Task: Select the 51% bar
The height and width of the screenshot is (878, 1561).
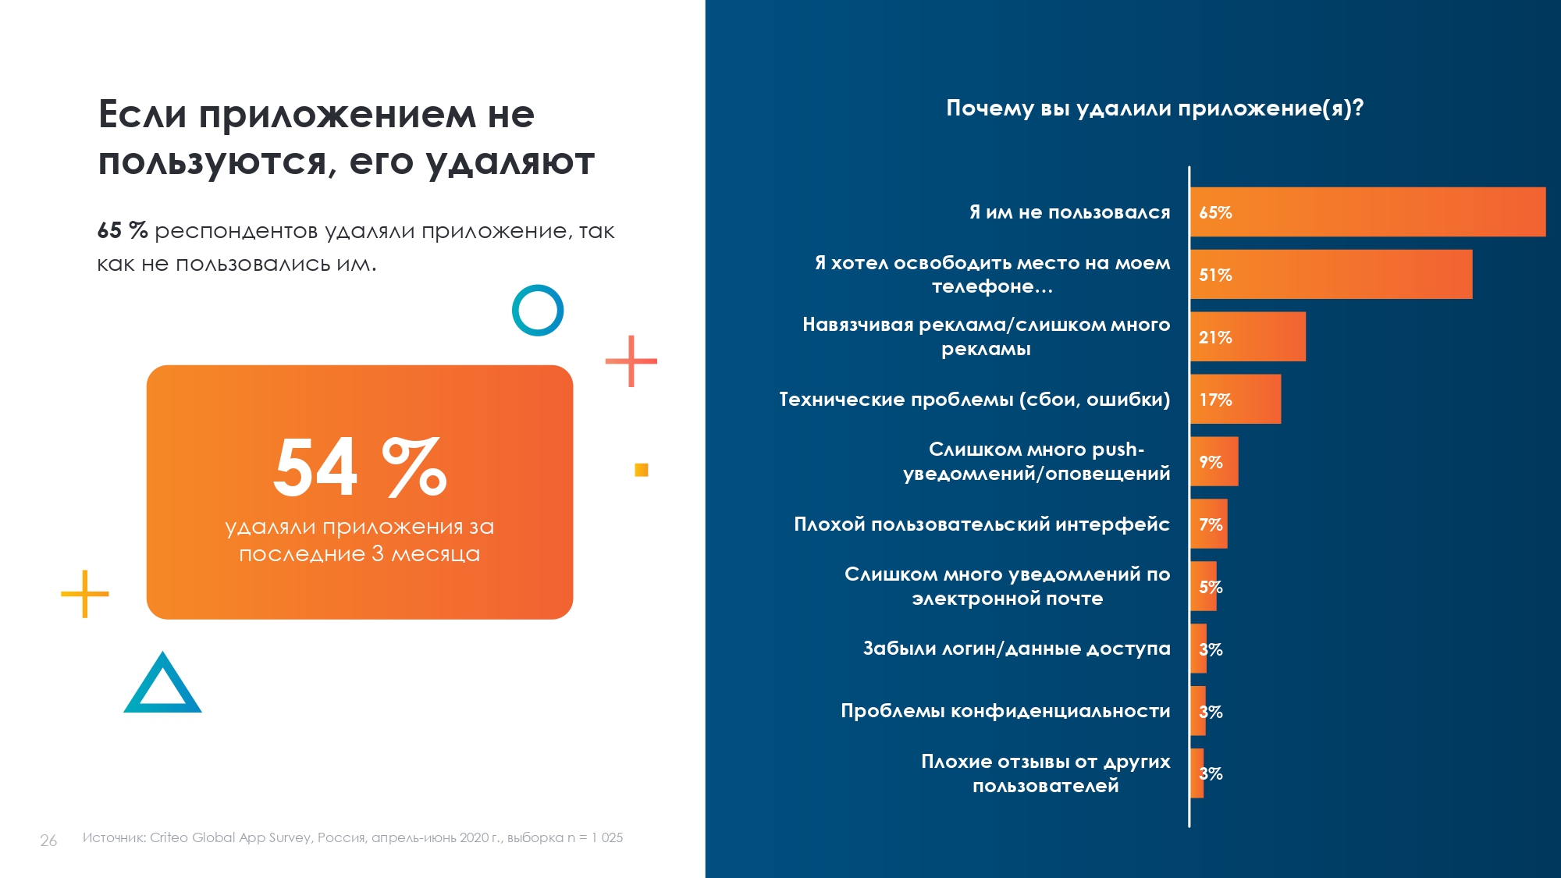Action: (1331, 274)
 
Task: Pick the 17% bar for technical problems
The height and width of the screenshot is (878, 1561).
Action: (1235, 399)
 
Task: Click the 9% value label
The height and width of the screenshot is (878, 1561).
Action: (1211, 462)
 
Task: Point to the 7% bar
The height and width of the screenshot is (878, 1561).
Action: (1209, 524)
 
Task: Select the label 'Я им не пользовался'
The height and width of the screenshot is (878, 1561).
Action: (1069, 212)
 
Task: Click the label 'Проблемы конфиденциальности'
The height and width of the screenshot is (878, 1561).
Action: (1005, 711)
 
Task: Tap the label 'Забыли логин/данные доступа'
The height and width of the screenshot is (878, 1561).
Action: (1016, 649)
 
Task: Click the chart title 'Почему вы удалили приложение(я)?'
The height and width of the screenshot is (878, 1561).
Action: (1154, 108)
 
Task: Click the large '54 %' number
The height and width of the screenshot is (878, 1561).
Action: (359, 467)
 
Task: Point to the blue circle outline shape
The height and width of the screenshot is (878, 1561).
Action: (538, 310)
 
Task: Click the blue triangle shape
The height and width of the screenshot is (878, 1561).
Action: (162, 687)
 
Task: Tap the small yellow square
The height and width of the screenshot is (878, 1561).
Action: (642, 470)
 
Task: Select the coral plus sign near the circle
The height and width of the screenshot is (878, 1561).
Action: (631, 361)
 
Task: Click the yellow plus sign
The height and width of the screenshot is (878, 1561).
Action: (84, 594)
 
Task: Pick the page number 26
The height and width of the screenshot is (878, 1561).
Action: (48, 841)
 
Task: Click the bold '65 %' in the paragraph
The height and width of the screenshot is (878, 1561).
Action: (123, 230)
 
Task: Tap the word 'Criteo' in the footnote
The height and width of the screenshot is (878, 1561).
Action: (169, 837)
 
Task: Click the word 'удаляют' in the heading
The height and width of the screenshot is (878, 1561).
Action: (510, 162)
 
